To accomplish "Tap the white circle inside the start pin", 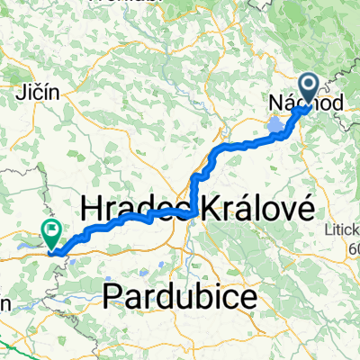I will click(308, 86).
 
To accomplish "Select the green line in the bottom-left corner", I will click(13, 348).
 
